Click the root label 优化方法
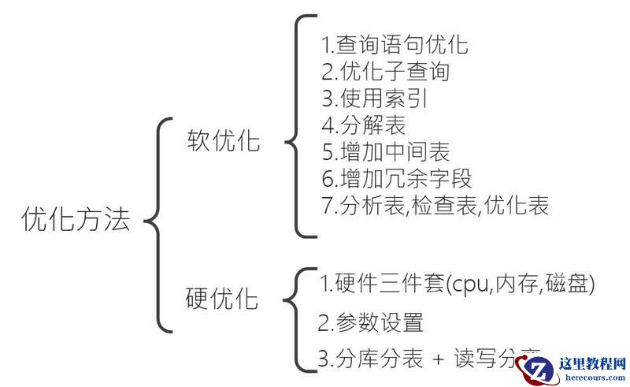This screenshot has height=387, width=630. click(76, 220)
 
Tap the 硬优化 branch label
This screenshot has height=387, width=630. click(222, 299)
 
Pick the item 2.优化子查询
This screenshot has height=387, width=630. click(385, 71)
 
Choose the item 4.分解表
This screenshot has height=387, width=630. click(364, 125)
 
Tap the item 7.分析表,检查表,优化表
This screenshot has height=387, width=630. click(435, 207)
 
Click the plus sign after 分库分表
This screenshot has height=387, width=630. click(439, 360)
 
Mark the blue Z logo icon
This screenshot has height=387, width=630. click(543, 369)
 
